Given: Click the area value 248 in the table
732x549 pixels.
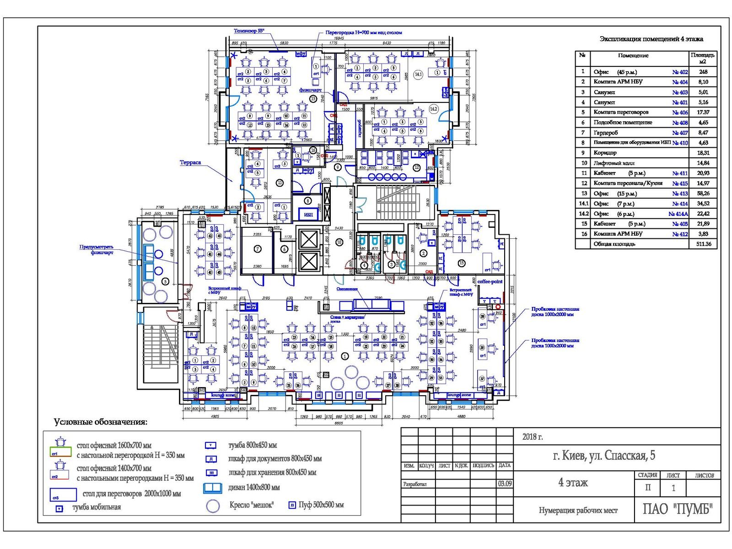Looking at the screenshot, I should tap(703, 72).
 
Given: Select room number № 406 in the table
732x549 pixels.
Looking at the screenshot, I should tap(680, 112).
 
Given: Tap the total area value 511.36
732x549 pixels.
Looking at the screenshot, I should tap(703, 244).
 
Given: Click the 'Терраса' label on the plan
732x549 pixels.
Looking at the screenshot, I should tap(190, 162).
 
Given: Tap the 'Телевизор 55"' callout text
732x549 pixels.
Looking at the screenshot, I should tap(249, 31).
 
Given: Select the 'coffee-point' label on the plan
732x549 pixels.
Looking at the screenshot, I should tap(490, 282).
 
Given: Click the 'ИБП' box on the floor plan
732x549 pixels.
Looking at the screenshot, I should tap(308, 215).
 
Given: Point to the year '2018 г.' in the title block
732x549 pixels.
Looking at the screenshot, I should tap(533, 437).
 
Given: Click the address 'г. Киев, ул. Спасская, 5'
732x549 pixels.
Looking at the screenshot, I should tap(604, 456).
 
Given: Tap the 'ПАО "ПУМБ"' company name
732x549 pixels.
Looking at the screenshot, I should tap(678, 509).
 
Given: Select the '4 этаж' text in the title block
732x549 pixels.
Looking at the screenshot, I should tap(573, 483).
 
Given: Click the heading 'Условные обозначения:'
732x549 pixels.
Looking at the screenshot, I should tap(101, 422).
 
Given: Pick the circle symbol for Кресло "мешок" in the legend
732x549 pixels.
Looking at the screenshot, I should tap(213, 506).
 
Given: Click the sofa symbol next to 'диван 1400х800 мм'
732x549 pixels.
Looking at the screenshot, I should tap(213, 488).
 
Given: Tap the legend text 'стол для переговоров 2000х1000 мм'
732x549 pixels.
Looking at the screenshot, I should tap(132, 494).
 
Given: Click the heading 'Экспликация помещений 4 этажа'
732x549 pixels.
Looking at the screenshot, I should tap(651, 39).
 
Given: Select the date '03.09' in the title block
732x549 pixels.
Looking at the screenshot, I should tap(505, 484).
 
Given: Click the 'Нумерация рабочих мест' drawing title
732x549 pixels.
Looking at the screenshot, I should tap(578, 511).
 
